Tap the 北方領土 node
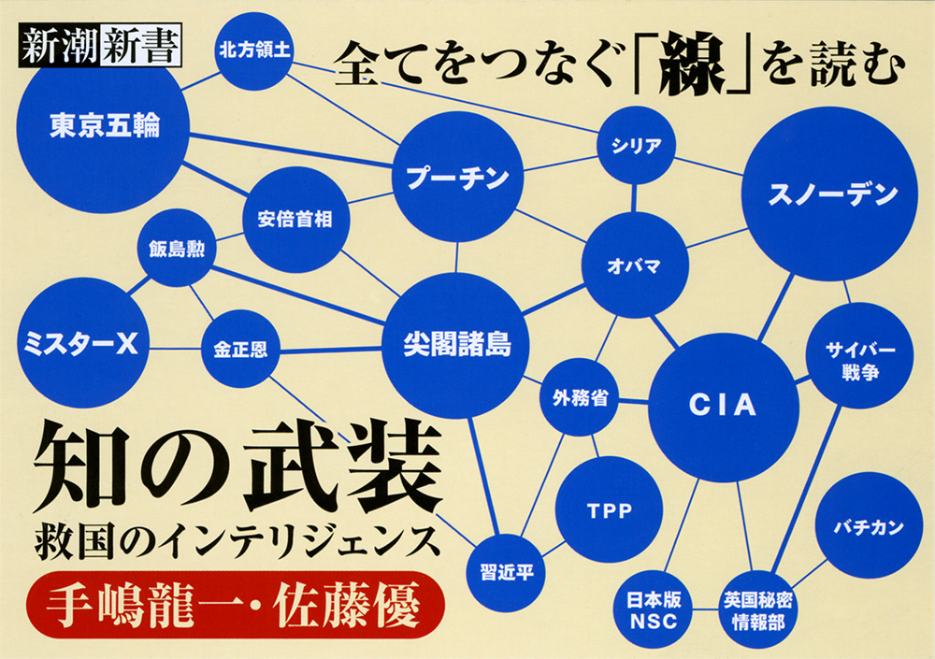tap(255, 51)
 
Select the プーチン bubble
tap(457, 178)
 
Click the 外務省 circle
tap(581, 397)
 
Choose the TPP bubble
tap(609, 510)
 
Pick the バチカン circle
tap(869, 526)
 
